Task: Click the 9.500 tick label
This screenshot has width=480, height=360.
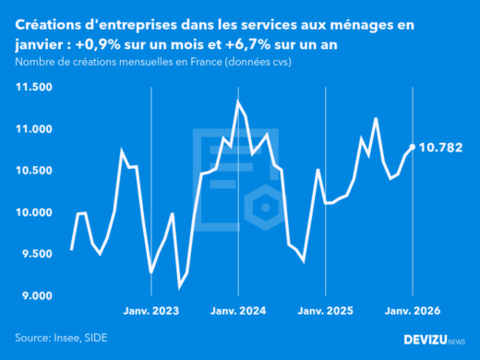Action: coord(35,254)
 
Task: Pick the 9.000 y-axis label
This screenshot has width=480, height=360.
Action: coord(35,295)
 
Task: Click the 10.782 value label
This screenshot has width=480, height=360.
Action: coord(441,148)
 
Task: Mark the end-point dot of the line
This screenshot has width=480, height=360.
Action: coord(412,147)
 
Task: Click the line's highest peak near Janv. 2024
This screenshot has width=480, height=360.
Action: coord(237,101)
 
